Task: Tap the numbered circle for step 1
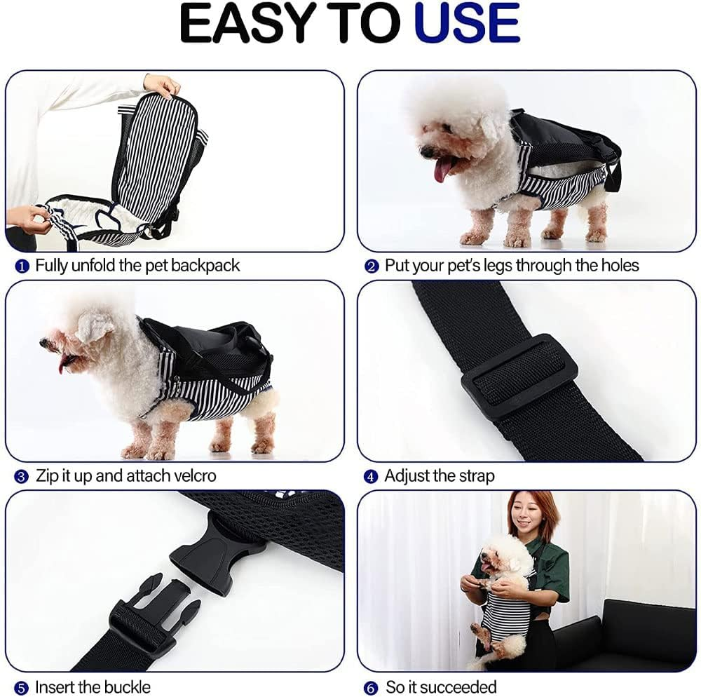pos(22,266)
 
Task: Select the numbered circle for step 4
pos(371,477)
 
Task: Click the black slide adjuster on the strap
pos(519,377)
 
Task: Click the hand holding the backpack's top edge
pos(161,86)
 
